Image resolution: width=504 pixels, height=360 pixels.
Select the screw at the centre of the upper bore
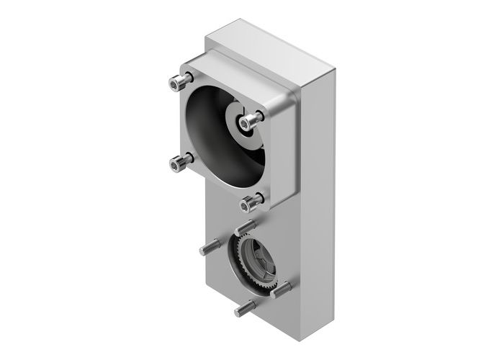tap(249, 122)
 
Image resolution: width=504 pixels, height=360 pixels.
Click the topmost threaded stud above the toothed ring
tap(243, 228)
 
